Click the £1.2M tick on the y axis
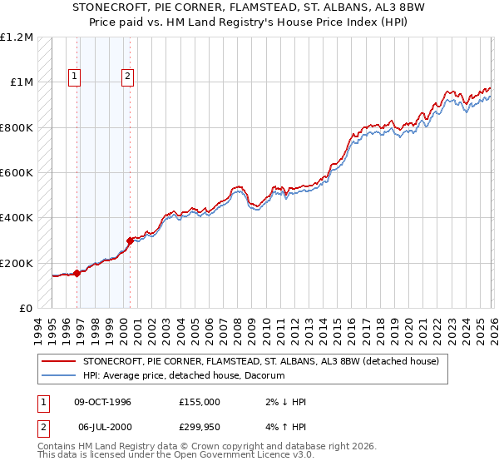point(17,37)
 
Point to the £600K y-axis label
point(17,172)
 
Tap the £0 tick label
point(25,308)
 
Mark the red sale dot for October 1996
point(77,273)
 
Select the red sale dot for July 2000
point(130,240)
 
